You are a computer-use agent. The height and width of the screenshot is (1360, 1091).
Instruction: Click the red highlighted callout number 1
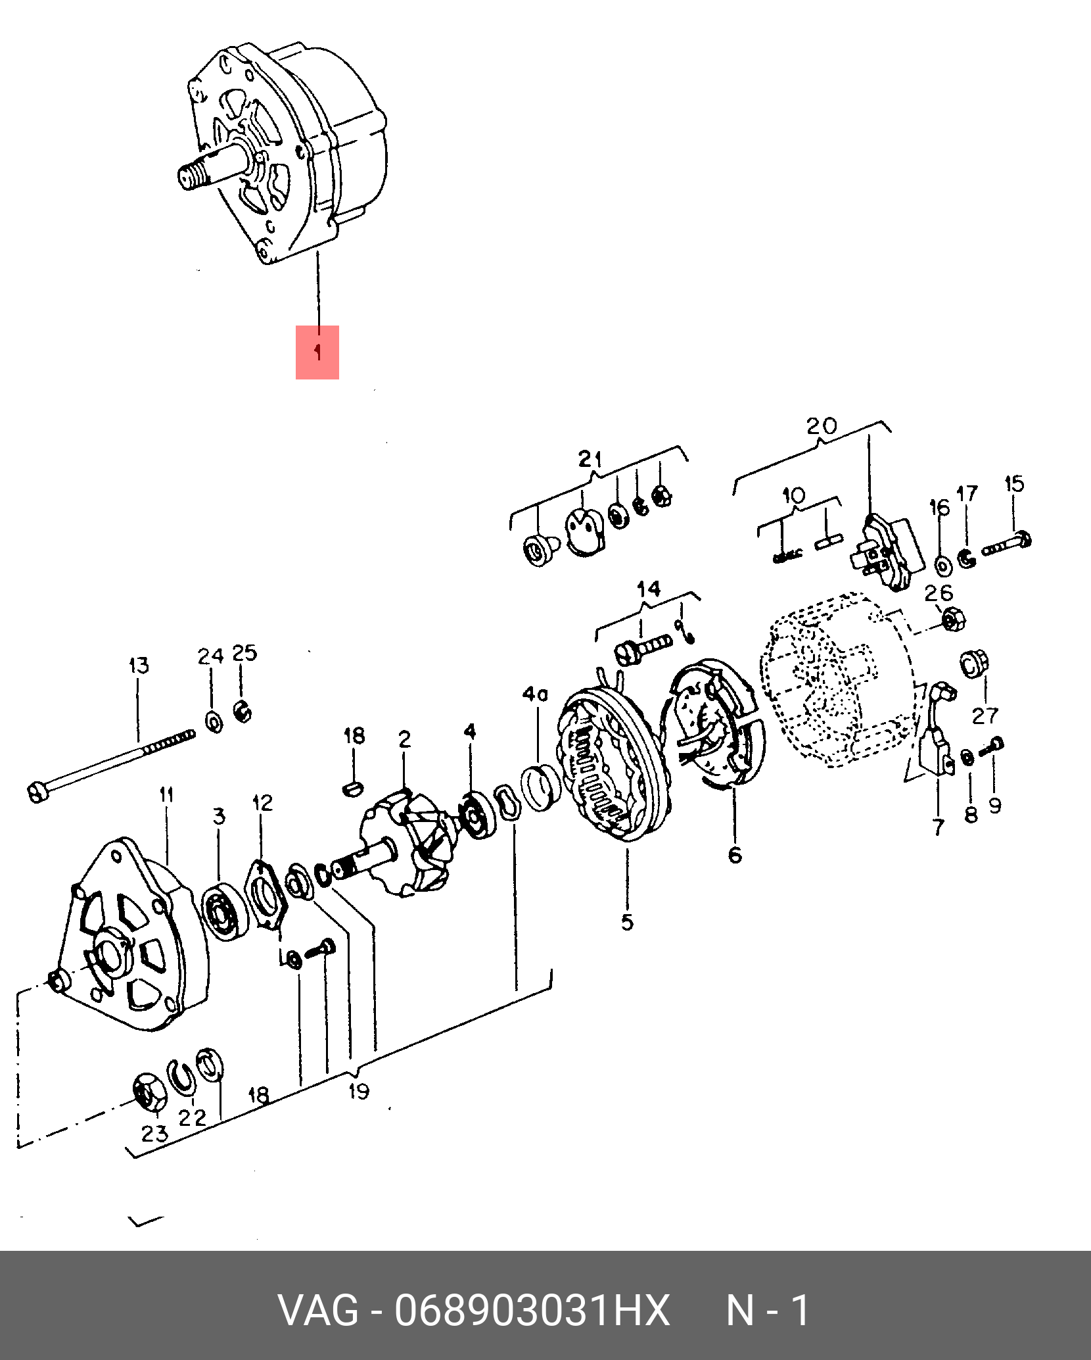coord(317,352)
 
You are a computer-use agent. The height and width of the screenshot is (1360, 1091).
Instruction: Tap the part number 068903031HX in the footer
coord(532,1309)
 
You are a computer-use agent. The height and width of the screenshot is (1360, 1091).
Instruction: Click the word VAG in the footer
coord(319,1309)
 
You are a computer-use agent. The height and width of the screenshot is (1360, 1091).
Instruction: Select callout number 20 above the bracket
coord(822,426)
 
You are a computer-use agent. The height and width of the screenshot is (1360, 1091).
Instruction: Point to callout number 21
coord(590,458)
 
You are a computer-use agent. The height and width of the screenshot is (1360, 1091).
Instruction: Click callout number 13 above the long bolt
coord(139,666)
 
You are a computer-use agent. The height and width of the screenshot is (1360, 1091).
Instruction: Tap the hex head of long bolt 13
coord(38,791)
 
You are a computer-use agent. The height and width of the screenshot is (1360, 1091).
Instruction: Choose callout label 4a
coord(536,694)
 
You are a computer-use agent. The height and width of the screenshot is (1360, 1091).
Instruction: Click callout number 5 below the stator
coord(628,922)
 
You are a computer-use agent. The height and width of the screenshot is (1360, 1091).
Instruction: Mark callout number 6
coord(735,855)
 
